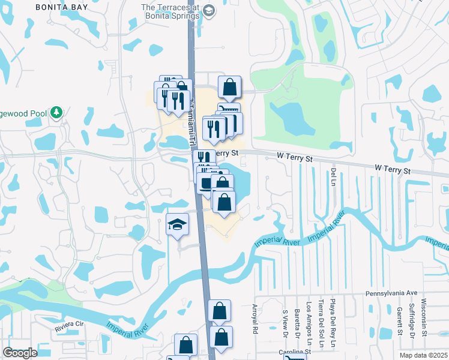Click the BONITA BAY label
pyautogui.click(x=62, y=7)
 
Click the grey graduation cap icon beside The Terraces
pyautogui.click(x=208, y=10)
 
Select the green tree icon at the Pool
pyautogui.click(x=56, y=112)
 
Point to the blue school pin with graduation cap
pyautogui.click(x=177, y=226)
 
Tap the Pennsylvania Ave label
pyautogui.click(x=391, y=294)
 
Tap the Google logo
pyautogui.click(x=20, y=353)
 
